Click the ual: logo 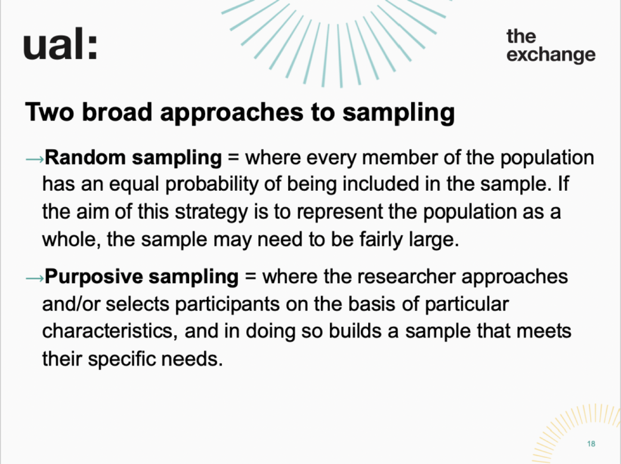(60, 44)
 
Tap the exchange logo (551, 46)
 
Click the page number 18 (591, 444)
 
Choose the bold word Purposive (94, 276)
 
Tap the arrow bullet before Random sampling (35, 160)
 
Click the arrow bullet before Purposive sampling (35, 278)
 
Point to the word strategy (211, 212)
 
